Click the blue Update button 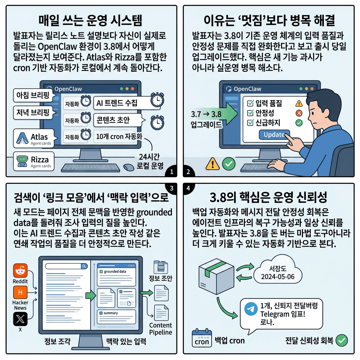point(274,135)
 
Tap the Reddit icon point(20,271)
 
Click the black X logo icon point(20,319)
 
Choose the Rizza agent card point(33,161)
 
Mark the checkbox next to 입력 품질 point(251,103)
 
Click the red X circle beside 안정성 point(299,113)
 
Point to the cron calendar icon point(201,338)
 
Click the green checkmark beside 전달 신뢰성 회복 point(342,340)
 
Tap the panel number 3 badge point(172,188)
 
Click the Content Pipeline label point(160,329)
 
